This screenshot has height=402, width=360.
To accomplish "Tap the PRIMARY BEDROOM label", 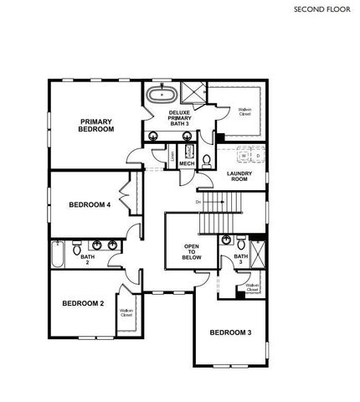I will pyautogui.click(x=96, y=126).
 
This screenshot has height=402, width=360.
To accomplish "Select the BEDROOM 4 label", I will pyautogui.click(x=90, y=204).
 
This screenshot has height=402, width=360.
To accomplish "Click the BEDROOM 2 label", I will pyautogui.click(x=82, y=303).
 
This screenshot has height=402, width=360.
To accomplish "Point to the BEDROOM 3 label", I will pyautogui.click(x=230, y=333).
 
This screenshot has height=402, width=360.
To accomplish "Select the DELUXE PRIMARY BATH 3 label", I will pyautogui.click(x=180, y=118).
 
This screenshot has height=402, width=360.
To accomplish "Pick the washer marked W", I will pyautogui.click(x=243, y=156).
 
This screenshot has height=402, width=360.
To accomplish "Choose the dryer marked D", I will pyautogui.click(x=258, y=156).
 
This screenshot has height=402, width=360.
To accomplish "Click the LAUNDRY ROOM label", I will pyautogui.click(x=239, y=177).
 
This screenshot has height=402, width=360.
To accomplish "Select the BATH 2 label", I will pyautogui.click(x=86, y=260).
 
